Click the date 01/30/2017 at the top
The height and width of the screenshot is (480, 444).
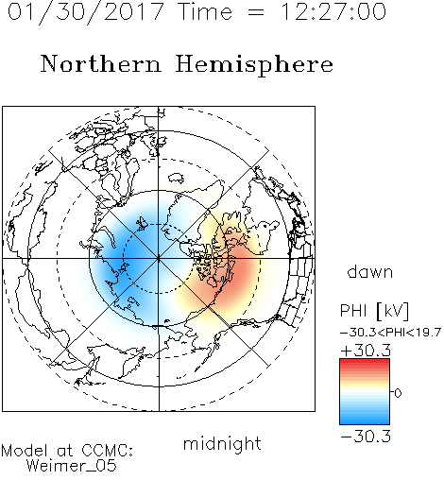click(x=86, y=12)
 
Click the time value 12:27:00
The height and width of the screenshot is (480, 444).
click(x=333, y=12)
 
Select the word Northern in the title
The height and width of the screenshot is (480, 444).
click(x=101, y=64)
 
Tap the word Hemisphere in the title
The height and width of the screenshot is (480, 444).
click(x=254, y=65)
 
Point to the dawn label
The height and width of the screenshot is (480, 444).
click(x=370, y=272)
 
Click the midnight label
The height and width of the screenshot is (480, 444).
click(x=222, y=443)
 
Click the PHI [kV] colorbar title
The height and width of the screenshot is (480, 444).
click(x=374, y=311)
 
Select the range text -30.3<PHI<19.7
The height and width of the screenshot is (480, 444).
click(x=390, y=333)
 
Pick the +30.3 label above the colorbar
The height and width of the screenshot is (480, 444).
click(x=366, y=351)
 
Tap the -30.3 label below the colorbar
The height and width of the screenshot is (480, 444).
click(x=366, y=437)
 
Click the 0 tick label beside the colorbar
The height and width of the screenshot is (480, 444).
click(x=398, y=393)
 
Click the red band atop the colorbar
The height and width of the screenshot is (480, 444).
click(x=365, y=363)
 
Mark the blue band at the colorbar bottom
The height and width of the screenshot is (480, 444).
click(x=365, y=420)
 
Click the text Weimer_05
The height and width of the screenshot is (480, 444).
click(x=72, y=466)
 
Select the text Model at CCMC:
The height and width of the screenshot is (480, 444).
click(x=67, y=451)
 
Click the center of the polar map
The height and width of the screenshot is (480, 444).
click(x=159, y=259)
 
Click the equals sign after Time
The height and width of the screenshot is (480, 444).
click(x=256, y=12)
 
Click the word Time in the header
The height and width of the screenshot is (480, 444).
click(x=205, y=12)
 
